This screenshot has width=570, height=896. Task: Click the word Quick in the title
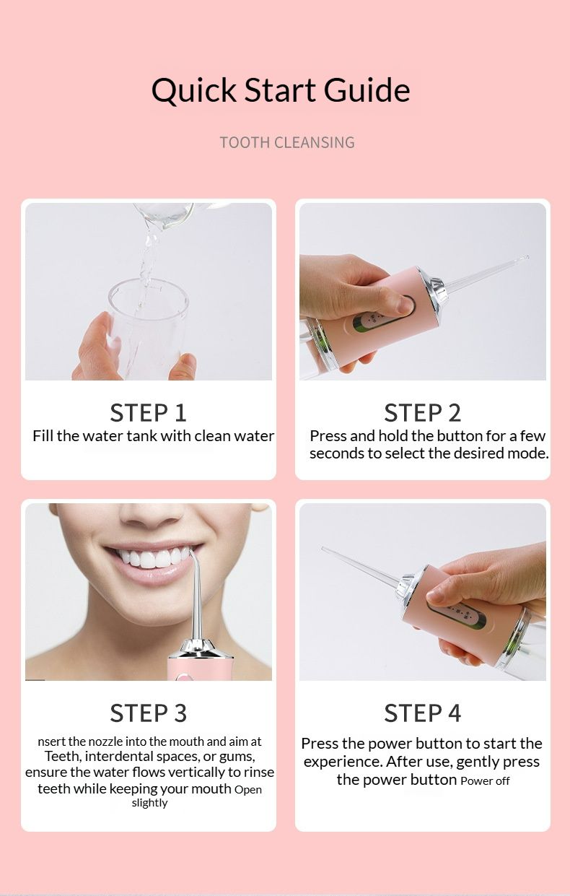click(x=193, y=91)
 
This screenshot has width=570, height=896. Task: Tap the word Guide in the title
click(x=367, y=90)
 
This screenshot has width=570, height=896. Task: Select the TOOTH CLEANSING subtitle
click(x=287, y=142)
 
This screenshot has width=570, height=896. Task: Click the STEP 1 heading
click(x=149, y=413)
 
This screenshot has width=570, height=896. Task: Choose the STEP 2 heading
click(x=423, y=413)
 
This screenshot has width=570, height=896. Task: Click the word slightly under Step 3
click(x=149, y=803)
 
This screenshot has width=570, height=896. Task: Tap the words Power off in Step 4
click(x=485, y=780)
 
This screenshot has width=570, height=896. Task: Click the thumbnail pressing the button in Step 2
click(x=405, y=306)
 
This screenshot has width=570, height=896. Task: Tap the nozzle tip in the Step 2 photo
click(x=527, y=257)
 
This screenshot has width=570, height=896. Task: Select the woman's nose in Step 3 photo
click(x=151, y=516)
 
